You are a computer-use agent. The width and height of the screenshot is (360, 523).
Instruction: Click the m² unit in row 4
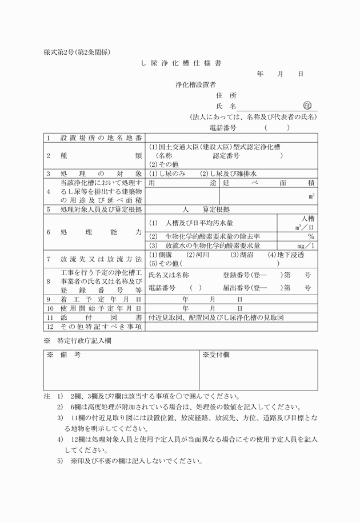coord(311,196)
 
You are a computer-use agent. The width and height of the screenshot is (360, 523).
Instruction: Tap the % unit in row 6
coord(311,236)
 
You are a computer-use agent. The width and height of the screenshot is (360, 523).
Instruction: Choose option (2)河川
coord(198,255)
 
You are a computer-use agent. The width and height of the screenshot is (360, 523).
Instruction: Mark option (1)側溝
coord(161,255)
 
